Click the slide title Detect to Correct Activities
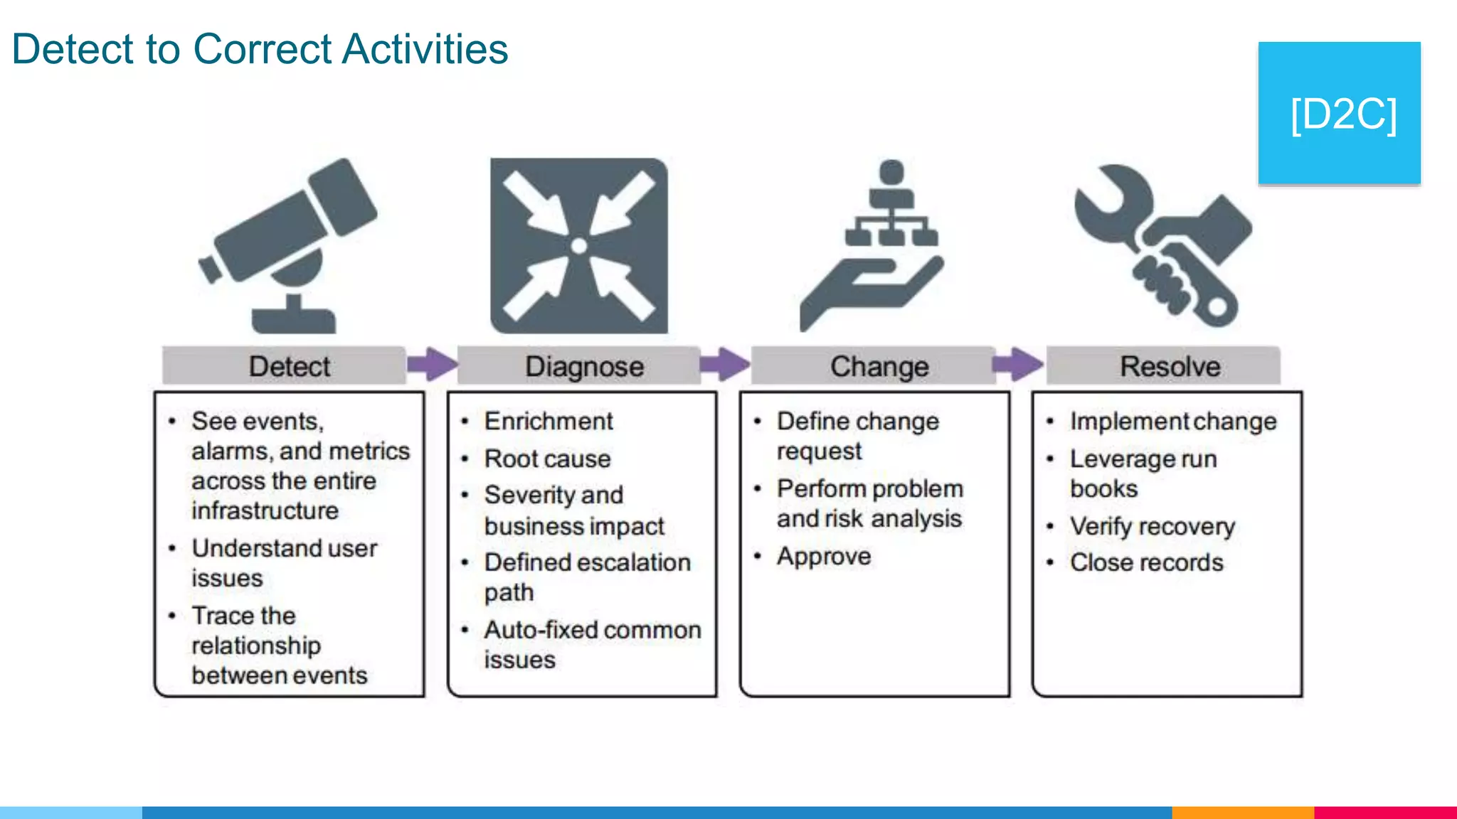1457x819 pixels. (x=260, y=50)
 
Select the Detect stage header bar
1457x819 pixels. (x=285, y=366)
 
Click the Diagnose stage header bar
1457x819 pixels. (x=580, y=366)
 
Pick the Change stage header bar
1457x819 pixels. (x=875, y=366)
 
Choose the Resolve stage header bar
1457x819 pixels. (x=1167, y=366)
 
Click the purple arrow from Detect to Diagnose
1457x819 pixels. (x=432, y=365)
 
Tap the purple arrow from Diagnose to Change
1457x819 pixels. (x=724, y=365)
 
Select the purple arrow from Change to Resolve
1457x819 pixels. (x=1017, y=365)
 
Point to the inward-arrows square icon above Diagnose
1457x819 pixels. (x=579, y=246)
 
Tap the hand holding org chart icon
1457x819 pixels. (x=871, y=249)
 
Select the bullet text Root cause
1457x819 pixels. (x=547, y=459)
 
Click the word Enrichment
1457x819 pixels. (x=549, y=421)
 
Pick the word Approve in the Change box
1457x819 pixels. (x=824, y=556)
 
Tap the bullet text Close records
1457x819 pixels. (x=1146, y=562)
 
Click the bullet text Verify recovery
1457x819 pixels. (x=1153, y=526)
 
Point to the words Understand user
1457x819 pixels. (x=285, y=548)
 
